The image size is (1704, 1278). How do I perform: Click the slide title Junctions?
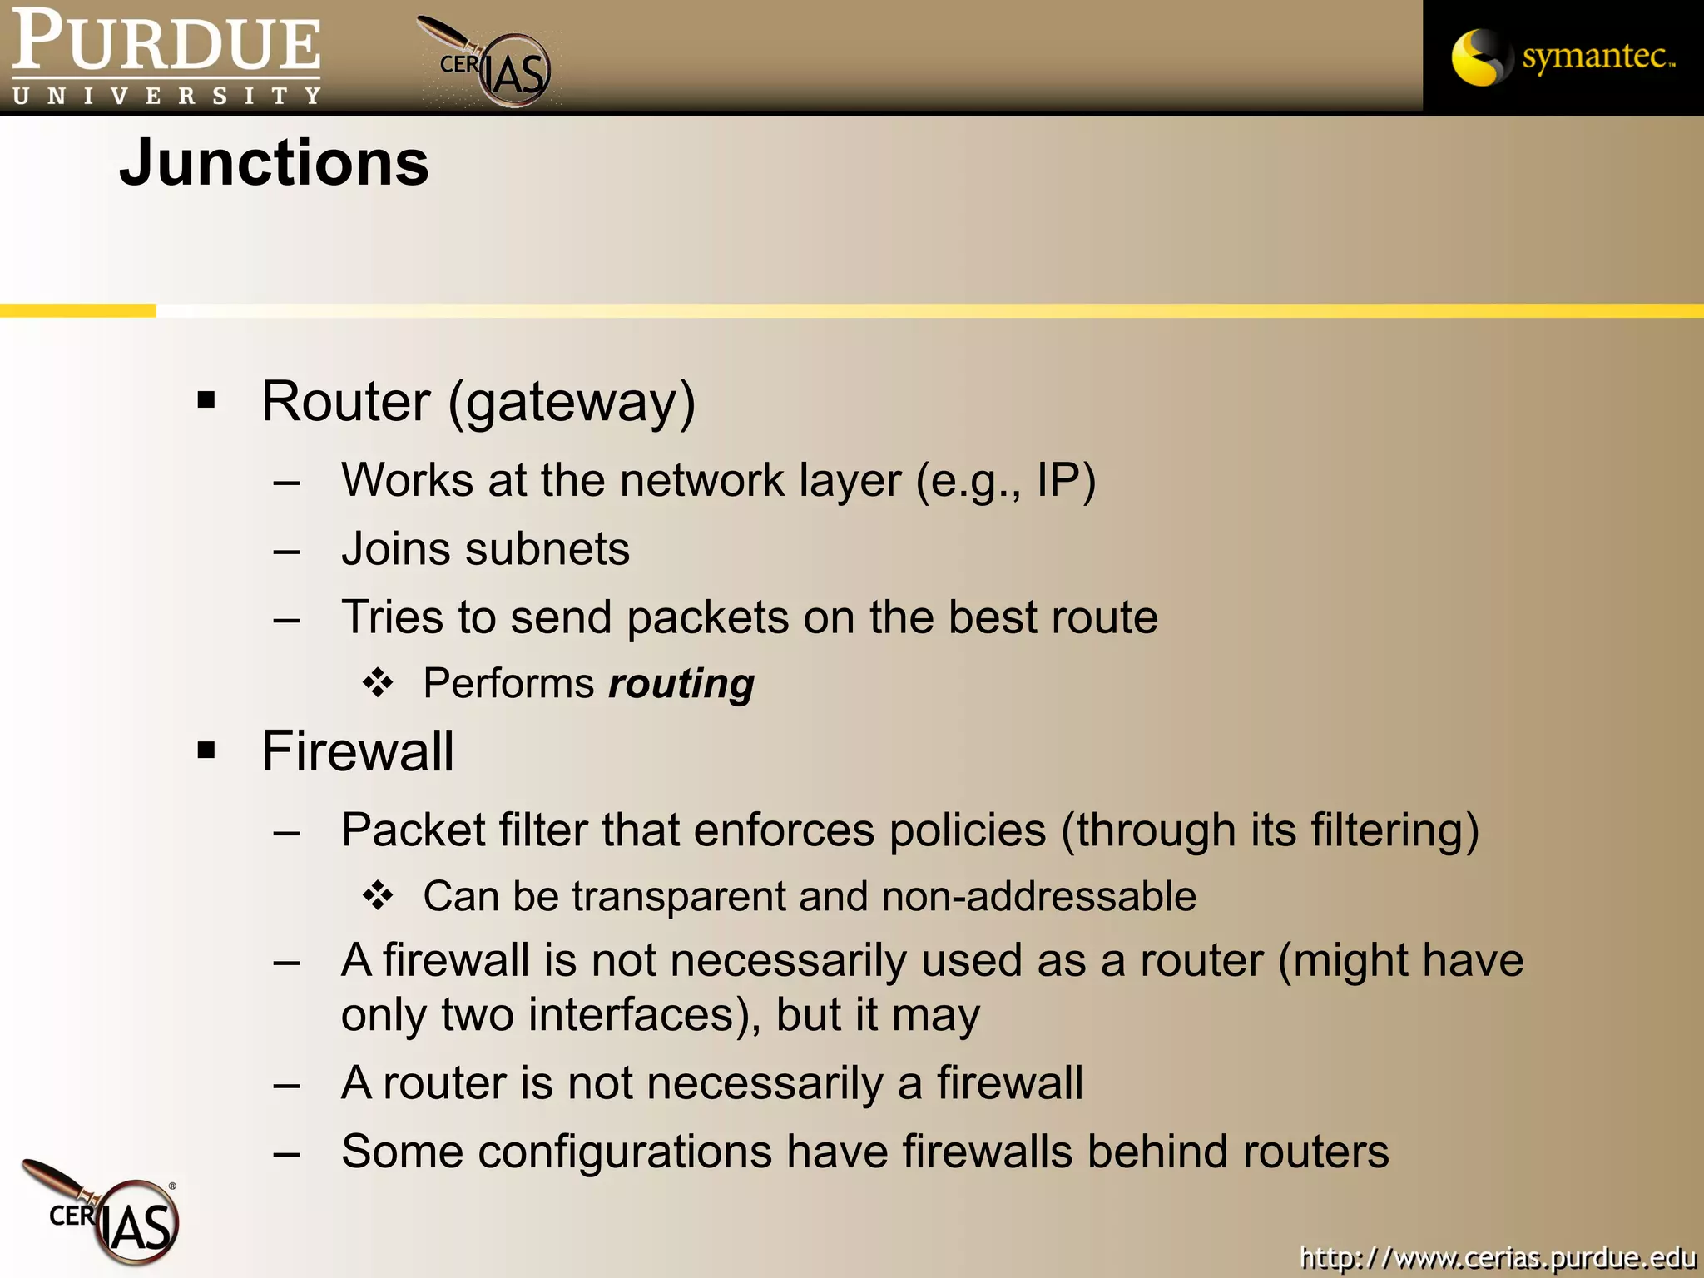(274, 163)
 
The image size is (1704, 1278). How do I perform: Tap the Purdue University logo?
(166, 57)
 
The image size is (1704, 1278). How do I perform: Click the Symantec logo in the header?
(1563, 57)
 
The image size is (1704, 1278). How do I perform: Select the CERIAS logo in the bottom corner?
(112, 1214)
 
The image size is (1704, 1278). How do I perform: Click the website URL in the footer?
(1497, 1256)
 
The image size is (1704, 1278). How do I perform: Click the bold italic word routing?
(681, 684)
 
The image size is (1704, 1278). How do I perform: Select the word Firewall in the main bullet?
(358, 751)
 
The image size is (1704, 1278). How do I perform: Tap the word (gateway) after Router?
(572, 403)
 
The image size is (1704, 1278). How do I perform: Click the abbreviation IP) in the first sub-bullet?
(1066, 481)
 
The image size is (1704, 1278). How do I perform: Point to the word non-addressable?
(1038, 897)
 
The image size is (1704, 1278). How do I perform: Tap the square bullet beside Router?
(206, 401)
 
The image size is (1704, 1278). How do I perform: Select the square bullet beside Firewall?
(206, 751)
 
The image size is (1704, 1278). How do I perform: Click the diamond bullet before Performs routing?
(378, 683)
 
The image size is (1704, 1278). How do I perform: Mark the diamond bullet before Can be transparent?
(378, 896)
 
